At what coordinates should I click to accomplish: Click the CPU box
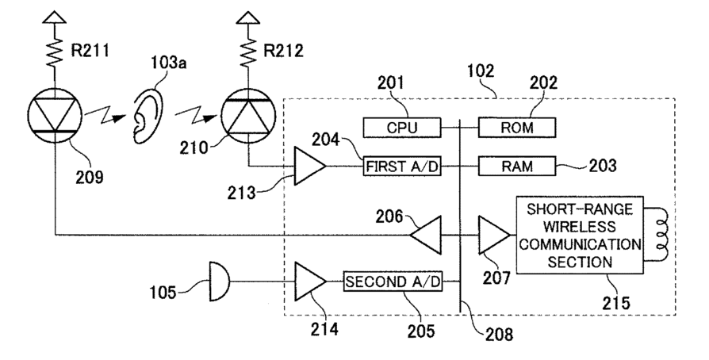pos(402,128)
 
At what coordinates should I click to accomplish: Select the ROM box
pos(517,128)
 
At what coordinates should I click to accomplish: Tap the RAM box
pos(517,166)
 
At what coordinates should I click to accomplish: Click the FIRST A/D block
pos(402,166)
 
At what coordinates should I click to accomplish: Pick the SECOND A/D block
pos(393,281)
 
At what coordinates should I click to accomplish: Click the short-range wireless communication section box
pos(580,235)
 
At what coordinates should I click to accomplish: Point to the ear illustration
pos(147,115)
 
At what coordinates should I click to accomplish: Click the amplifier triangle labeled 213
pos(310,166)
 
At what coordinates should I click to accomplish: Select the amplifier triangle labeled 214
pos(310,281)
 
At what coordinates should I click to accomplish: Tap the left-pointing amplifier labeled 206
pos(426,235)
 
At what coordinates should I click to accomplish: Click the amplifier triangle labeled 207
pos(494,235)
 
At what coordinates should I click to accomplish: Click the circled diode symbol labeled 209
pos(55,115)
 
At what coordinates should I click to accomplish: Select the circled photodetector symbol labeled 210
pos(248,115)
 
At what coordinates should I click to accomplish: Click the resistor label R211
pos(90,51)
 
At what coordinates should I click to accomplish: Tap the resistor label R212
pos(283,51)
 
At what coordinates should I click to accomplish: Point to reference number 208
pos(499,334)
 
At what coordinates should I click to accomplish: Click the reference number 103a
pos(168,63)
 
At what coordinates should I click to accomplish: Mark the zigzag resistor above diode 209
pos(55,51)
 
